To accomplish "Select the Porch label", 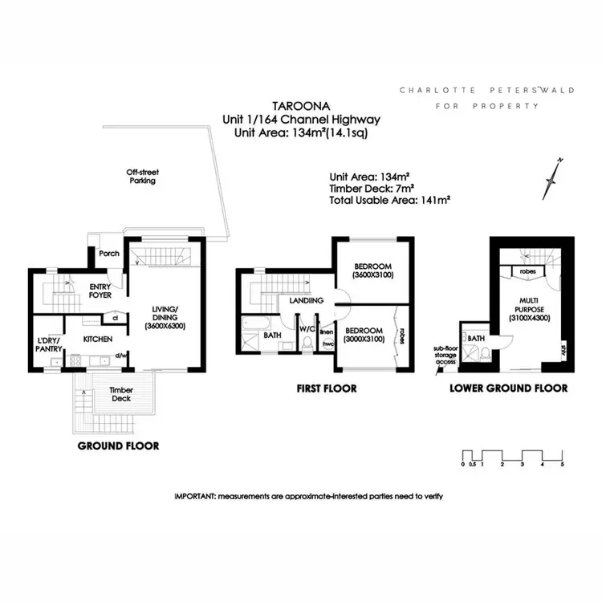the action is click(x=108, y=254).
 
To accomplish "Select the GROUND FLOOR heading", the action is click(x=118, y=445).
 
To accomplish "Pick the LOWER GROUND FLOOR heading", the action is click(x=509, y=388).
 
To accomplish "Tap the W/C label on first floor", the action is click(x=306, y=328).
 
